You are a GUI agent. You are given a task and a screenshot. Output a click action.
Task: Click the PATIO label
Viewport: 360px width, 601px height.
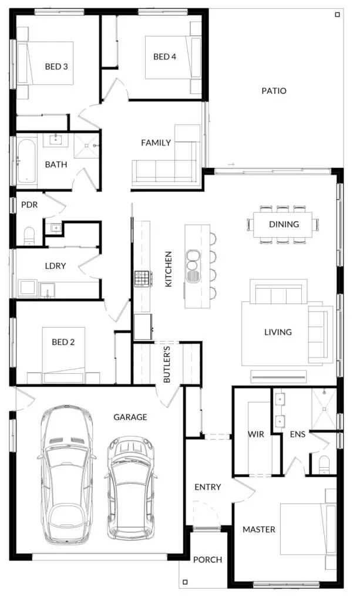[274, 91]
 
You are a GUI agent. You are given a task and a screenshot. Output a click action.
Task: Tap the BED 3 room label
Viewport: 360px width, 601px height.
[56, 66]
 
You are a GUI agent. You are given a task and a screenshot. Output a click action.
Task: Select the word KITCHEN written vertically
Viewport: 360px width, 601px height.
[169, 269]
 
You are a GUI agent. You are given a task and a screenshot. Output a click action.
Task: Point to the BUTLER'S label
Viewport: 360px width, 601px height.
[167, 364]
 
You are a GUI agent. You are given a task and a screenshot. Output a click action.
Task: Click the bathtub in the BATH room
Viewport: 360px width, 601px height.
[26, 161]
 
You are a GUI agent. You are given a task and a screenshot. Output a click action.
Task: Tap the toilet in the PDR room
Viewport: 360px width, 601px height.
[29, 236]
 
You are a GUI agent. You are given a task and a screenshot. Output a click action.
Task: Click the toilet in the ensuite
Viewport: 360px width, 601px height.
[324, 465]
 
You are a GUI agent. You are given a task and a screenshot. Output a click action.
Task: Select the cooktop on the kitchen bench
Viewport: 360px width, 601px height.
[142, 279]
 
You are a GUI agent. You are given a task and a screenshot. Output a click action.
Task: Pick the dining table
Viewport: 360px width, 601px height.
[284, 224]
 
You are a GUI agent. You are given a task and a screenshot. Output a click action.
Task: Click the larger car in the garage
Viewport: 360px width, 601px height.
[67, 475]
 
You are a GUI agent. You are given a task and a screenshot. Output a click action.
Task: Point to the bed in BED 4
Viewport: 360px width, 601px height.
[173, 58]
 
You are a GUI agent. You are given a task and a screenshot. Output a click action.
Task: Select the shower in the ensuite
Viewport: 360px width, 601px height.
[324, 409]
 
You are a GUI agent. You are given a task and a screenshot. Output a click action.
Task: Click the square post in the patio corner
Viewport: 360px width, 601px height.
[337, 15]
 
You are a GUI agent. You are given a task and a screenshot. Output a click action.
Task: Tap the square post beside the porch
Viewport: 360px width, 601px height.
[185, 582]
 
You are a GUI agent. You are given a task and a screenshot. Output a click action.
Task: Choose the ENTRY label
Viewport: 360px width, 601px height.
[208, 487]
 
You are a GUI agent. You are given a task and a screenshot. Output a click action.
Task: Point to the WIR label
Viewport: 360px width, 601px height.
[255, 434]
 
